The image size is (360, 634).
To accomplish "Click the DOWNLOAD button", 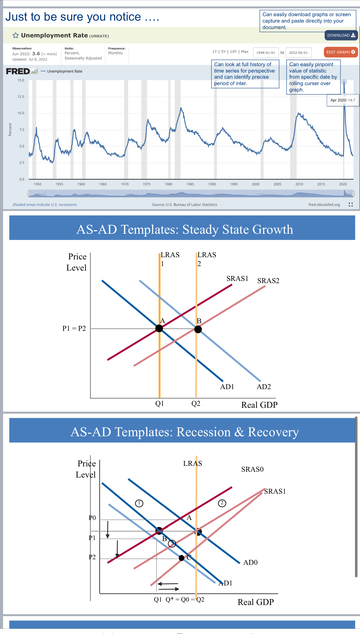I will click(341, 35).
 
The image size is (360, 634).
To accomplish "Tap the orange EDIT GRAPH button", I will click(340, 52).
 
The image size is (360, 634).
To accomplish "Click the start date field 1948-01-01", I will click(266, 52).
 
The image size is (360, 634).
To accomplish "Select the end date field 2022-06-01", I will click(298, 52).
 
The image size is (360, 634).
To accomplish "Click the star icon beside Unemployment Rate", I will click(16, 35).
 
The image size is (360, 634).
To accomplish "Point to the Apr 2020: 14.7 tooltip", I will click(342, 100).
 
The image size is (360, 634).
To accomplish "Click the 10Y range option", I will click(233, 52).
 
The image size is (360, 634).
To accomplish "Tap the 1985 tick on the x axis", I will click(190, 184).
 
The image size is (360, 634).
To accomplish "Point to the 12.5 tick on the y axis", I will click(21, 97).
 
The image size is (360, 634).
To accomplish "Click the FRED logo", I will click(18, 71).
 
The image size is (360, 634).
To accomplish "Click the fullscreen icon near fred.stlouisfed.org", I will click(351, 204).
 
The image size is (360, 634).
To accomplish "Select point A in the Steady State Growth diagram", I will click(159, 329).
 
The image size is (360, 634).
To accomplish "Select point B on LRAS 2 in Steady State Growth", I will click(198, 329).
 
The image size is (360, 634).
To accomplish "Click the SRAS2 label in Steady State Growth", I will click(268, 281).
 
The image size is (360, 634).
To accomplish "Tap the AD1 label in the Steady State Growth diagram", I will click(227, 387).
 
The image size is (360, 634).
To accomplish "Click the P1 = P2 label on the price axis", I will click(74, 329).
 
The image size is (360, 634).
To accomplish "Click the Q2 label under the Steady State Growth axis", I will click(196, 404).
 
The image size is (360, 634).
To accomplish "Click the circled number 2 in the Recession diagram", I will click(222, 503).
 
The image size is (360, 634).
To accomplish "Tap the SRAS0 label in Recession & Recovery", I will click(252, 469).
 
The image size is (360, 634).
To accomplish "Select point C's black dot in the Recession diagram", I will click(181, 558).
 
